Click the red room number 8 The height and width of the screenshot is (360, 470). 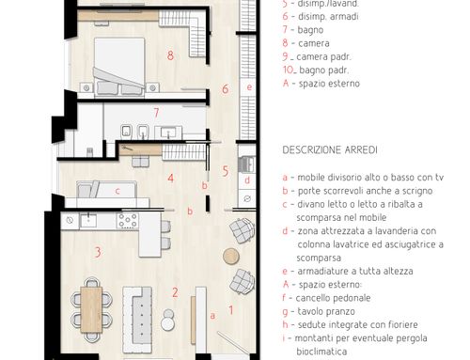(170, 55)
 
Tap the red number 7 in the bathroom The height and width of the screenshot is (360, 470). (156, 113)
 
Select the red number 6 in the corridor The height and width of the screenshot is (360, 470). (225, 89)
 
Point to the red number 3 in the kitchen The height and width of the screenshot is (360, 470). (98, 252)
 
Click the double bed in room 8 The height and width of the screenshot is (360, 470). (119, 66)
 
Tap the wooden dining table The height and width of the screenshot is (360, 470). (91, 309)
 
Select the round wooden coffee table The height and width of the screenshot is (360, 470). (231, 256)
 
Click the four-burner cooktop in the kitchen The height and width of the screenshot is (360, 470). (128, 220)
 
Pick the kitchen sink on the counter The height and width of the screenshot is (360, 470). (88, 220)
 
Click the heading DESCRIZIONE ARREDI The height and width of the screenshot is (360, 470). (330, 149)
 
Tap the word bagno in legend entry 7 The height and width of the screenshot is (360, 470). (310, 30)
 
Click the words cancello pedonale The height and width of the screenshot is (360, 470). (333, 298)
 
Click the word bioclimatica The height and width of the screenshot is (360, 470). (321, 352)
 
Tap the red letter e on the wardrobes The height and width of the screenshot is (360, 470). (249, 86)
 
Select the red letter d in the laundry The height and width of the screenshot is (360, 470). (247, 180)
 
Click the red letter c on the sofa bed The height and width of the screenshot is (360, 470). (117, 191)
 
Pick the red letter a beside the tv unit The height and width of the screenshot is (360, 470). (212, 316)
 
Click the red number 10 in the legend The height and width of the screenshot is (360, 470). (289, 70)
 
